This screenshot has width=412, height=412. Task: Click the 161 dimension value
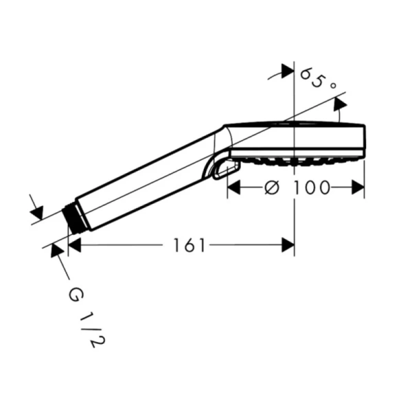coord(190,245)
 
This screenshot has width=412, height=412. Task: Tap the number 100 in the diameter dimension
coord(311,187)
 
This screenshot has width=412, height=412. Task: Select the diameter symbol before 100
coord(272,187)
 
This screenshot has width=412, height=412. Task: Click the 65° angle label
coord(319,79)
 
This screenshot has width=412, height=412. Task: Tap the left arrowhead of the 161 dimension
coord(74,245)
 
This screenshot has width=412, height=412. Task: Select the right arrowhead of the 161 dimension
coord(288,245)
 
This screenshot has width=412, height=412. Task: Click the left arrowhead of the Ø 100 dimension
coord(234,187)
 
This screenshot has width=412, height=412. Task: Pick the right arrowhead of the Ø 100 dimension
coord(358,187)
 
